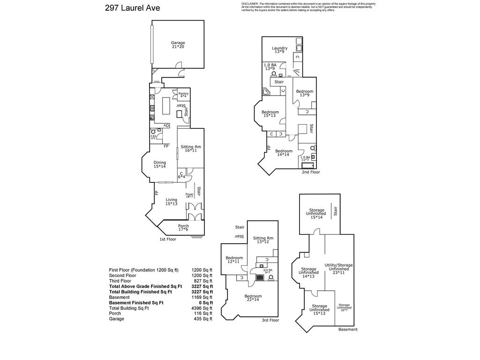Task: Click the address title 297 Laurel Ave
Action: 133,8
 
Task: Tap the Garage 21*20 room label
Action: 178,45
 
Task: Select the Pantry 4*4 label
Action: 183,95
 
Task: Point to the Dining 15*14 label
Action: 160,165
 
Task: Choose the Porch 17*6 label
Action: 183,228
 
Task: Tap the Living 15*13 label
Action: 171,202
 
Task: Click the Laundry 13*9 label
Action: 279,50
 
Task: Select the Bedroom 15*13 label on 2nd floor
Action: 270,114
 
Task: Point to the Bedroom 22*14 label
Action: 253,298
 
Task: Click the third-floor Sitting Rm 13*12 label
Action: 262,240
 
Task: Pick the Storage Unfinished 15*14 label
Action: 317,213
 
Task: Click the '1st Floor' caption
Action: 167,239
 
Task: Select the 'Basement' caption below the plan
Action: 347,330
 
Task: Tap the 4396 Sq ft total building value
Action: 202,308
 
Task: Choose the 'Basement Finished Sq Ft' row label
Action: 136,303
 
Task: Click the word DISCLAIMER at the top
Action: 249,4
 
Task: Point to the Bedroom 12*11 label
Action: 234,260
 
